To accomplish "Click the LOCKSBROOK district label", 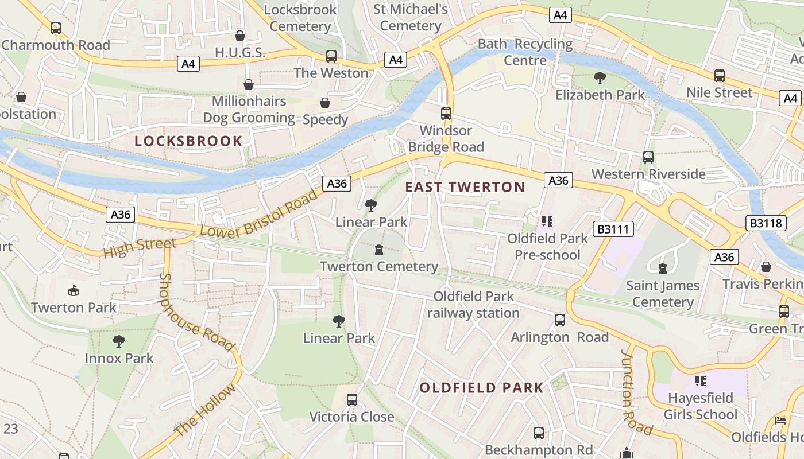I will [x=188, y=141].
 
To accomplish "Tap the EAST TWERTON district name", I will [x=465, y=187].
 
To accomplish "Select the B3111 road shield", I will [x=614, y=229].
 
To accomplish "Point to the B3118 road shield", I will [x=767, y=223].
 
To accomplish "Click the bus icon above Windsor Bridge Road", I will [x=446, y=114].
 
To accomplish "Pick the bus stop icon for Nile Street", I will [x=719, y=76].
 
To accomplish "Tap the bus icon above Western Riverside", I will [x=648, y=157].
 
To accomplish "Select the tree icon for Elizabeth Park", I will [x=600, y=77].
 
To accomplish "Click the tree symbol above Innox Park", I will [x=119, y=342].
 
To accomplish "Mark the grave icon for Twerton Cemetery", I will [x=379, y=250].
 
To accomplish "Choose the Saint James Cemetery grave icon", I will [x=663, y=268].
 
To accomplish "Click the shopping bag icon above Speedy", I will [x=325, y=103].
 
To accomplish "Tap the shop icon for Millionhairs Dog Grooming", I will [x=249, y=85].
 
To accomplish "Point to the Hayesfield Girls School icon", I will [x=700, y=380].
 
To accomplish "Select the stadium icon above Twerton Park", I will [x=74, y=291].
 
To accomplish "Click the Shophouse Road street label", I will [x=196, y=313].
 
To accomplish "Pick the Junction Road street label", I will [x=636, y=392].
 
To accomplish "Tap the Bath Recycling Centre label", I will [x=525, y=52].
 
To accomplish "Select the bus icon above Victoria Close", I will [x=352, y=400].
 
